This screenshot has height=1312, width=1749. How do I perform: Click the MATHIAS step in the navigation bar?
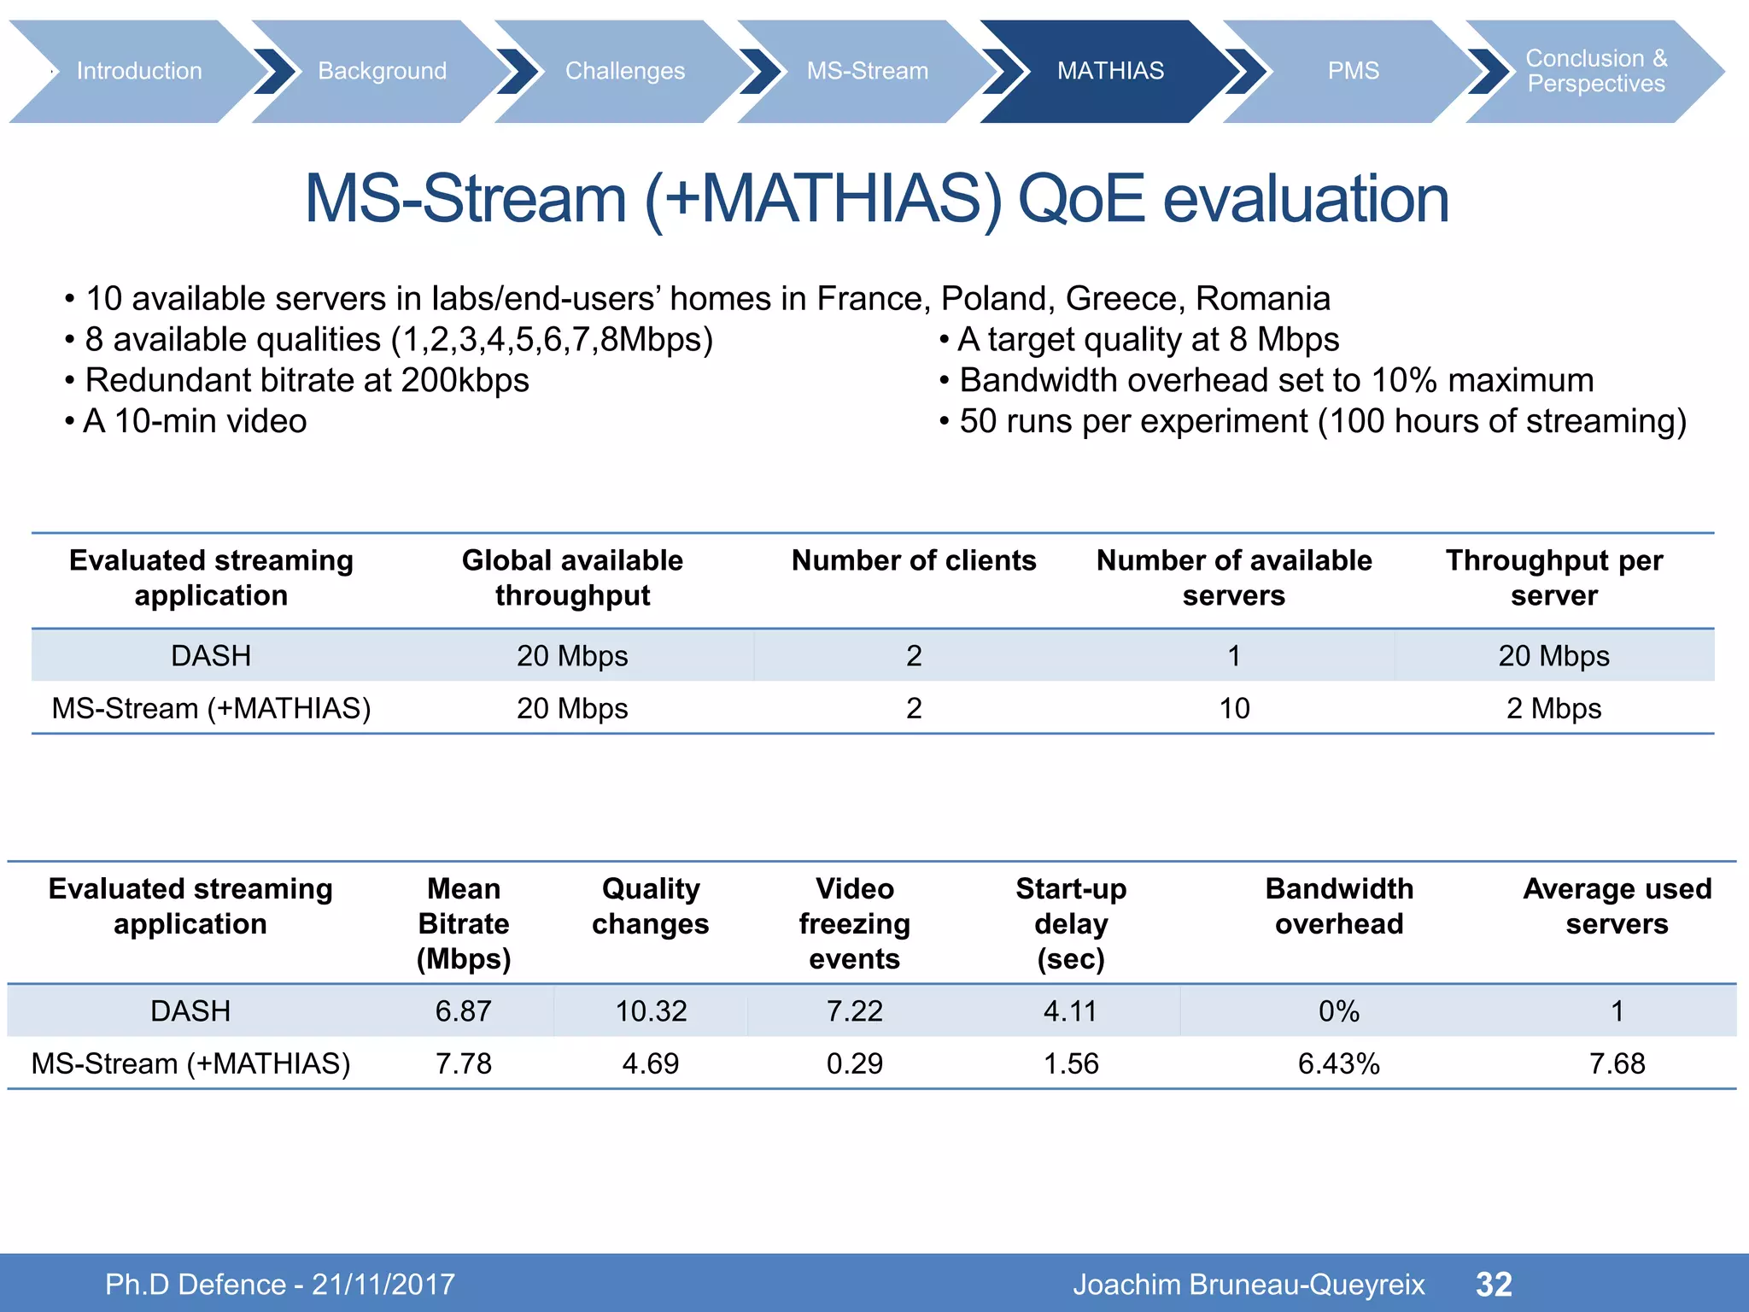pyautogui.click(x=1109, y=71)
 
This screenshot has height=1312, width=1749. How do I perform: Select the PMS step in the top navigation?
pyautogui.click(x=1353, y=71)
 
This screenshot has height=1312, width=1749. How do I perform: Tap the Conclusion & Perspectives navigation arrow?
pyautogui.click(x=1595, y=71)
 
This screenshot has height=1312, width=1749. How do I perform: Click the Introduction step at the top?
pyautogui.click(x=139, y=71)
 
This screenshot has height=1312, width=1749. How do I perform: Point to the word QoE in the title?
pyautogui.click(x=1080, y=199)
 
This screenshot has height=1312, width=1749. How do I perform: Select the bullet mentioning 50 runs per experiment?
pyautogui.click(x=1321, y=421)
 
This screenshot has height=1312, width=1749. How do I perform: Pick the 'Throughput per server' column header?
pyautogui.click(x=1553, y=577)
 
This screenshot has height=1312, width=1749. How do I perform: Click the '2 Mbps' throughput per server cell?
pyautogui.click(x=1553, y=708)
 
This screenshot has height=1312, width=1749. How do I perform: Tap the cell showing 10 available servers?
pyautogui.click(x=1234, y=708)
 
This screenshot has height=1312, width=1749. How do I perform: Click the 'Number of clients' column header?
pyautogui.click(x=913, y=560)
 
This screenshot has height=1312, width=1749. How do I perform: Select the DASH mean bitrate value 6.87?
pyautogui.click(x=463, y=1011)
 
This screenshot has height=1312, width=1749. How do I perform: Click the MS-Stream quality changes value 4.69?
pyautogui.click(x=650, y=1063)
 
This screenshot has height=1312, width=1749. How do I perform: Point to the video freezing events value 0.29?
pyautogui.click(x=854, y=1063)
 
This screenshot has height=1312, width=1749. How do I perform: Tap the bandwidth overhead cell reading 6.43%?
pyautogui.click(x=1338, y=1063)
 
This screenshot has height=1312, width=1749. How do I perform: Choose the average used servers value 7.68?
pyautogui.click(x=1617, y=1063)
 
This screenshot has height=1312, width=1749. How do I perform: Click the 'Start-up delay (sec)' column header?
pyautogui.click(x=1071, y=923)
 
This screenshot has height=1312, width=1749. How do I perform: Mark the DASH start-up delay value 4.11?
pyautogui.click(x=1071, y=1011)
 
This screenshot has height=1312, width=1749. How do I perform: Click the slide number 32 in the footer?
pyautogui.click(x=1494, y=1284)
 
